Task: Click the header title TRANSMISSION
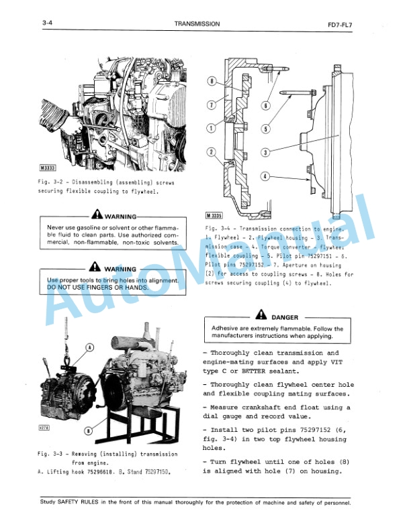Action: pos(196,23)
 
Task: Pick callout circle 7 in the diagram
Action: pos(211,105)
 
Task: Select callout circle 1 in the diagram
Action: pos(211,127)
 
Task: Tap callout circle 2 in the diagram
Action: pos(211,153)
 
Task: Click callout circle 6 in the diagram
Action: pos(266,105)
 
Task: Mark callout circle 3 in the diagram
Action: pos(266,152)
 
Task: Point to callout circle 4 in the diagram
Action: pos(266,176)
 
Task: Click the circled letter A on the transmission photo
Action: pos(89,347)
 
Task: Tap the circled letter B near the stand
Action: pos(89,430)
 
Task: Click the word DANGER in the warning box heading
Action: pos(285,317)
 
